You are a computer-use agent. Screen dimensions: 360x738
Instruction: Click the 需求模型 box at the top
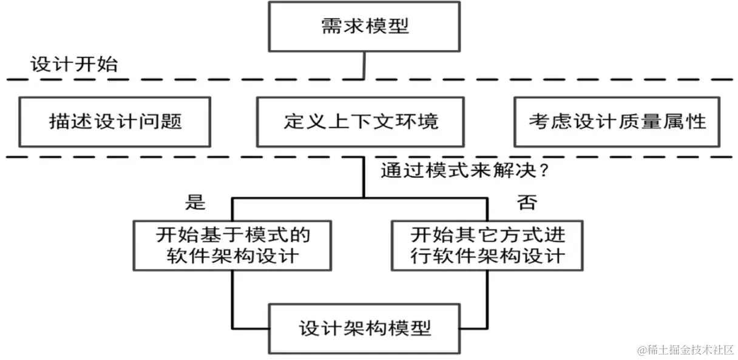pyautogui.click(x=364, y=26)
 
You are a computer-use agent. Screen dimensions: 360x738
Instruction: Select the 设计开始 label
pyautogui.click(x=73, y=64)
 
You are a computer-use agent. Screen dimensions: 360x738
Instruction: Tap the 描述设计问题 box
pyautogui.click(x=115, y=121)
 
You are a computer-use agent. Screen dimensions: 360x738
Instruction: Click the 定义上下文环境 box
pyautogui.click(x=361, y=121)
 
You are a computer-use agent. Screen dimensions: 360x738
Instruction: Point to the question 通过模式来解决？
pyautogui.click(x=465, y=171)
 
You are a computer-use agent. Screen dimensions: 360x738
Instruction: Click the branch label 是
pyautogui.click(x=195, y=202)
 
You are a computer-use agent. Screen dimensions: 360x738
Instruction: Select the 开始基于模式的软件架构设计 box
pyautogui.click(x=233, y=245)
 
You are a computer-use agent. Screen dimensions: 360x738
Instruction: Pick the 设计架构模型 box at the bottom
pyautogui.click(x=364, y=328)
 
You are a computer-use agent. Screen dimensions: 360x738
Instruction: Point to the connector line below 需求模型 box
pyautogui.click(x=364, y=65)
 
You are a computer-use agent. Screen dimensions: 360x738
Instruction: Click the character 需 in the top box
pyautogui.click(x=331, y=26)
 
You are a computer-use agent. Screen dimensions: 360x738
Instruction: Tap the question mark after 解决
pyautogui.click(x=544, y=171)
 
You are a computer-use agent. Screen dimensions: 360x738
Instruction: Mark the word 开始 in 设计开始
pyautogui.click(x=96, y=64)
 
